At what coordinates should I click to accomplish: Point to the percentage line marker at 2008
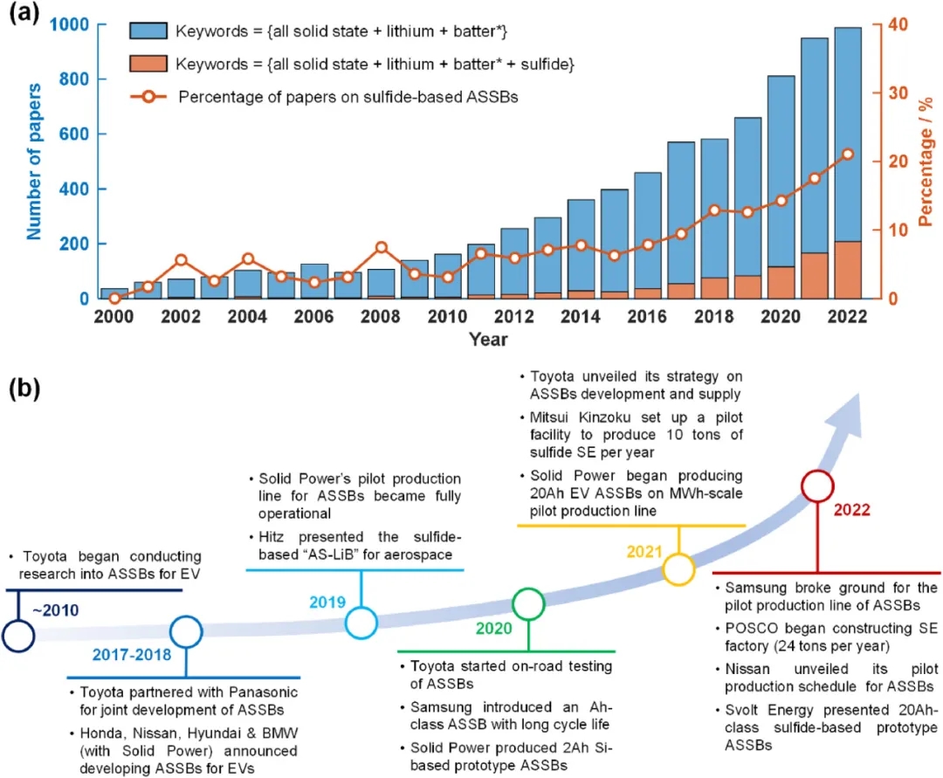coord(382,247)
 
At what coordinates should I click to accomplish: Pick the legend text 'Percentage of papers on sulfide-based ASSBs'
coord(348,96)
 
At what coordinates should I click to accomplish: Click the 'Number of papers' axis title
coord(35,162)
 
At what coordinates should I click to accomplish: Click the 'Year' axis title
coord(487,338)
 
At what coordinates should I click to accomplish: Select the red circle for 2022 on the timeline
coord(818,485)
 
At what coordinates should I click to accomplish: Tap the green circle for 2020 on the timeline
coord(528,603)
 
